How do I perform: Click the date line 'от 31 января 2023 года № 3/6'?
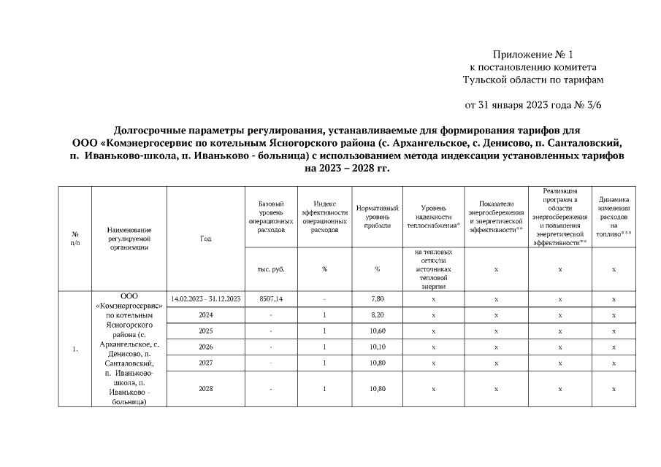533,104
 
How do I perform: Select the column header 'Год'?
206,239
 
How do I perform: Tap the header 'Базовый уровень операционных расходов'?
270,217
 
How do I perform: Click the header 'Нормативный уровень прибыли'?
377,217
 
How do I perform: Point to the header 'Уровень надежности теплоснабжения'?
434,217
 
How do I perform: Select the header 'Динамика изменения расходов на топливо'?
614,217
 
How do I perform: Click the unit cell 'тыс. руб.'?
270,269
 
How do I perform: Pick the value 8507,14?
270,299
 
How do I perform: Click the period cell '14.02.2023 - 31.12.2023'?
206,299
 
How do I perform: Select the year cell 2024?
206,315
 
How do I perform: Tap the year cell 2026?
206,347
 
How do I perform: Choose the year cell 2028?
206,389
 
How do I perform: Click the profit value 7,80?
377,299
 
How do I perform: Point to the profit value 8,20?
377,315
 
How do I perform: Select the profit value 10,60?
377,331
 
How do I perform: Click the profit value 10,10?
377,347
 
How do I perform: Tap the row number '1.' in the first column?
75,348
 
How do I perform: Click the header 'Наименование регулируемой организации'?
129,239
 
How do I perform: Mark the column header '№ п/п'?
75,239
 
